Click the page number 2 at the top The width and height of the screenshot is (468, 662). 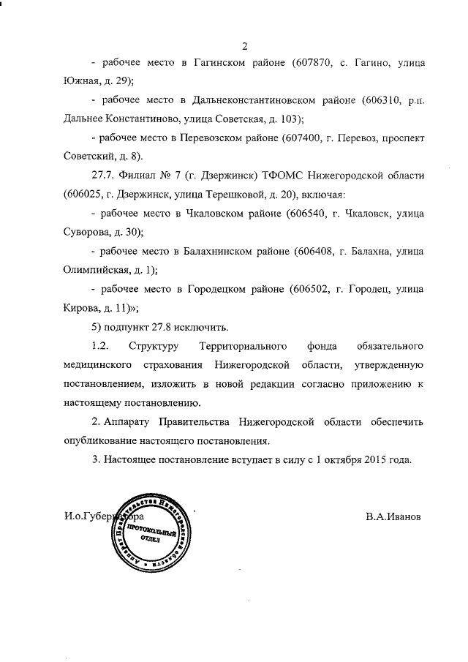[x=245, y=46]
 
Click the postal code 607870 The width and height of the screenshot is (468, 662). [x=314, y=64]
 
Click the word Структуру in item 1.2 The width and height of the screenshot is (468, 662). [x=151, y=345]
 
